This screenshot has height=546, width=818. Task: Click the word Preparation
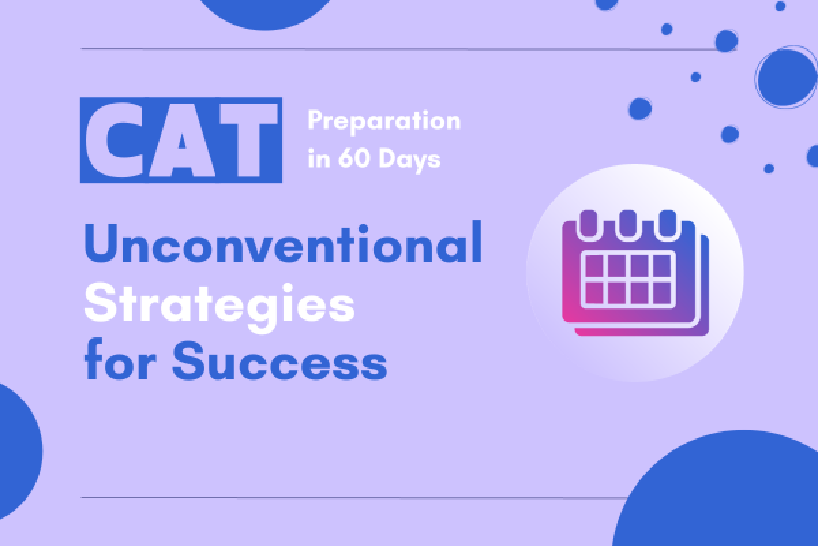(x=384, y=121)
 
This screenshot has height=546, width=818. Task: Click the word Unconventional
(x=283, y=242)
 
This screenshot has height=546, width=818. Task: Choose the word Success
(x=279, y=361)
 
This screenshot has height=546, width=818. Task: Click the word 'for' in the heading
(x=120, y=360)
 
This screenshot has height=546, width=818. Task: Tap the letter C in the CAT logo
(x=115, y=140)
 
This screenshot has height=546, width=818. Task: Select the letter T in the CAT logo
(x=249, y=140)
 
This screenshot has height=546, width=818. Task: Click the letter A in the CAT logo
(x=181, y=140)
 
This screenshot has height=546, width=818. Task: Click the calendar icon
(x=635, y=272)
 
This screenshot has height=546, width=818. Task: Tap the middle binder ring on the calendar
(x=628, y=224)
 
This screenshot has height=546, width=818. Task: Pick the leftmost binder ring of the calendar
(x=588, y=224)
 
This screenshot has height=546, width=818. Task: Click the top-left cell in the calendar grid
(x=594, y=266)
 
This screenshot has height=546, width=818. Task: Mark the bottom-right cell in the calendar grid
(x=662, y=293)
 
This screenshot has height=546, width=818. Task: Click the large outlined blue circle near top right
(x=786, y=77)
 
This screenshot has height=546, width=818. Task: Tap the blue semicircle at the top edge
(x=265, y=13)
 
